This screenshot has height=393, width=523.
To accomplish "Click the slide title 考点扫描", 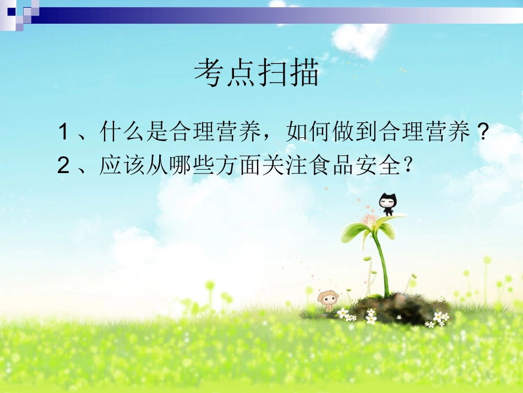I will pos(257,73).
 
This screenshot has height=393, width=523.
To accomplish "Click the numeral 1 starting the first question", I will pos(63,133).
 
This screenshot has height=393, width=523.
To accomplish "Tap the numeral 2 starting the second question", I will pos(63,166).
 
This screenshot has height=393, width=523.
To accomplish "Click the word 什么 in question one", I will pos(122,133).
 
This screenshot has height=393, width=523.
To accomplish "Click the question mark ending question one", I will pos(482,133).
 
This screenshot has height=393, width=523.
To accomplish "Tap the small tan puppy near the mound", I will pos(329,301).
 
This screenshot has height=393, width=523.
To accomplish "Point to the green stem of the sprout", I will pos(382,259).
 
